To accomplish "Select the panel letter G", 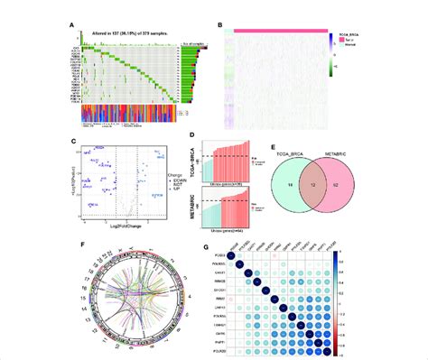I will [224, 245].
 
